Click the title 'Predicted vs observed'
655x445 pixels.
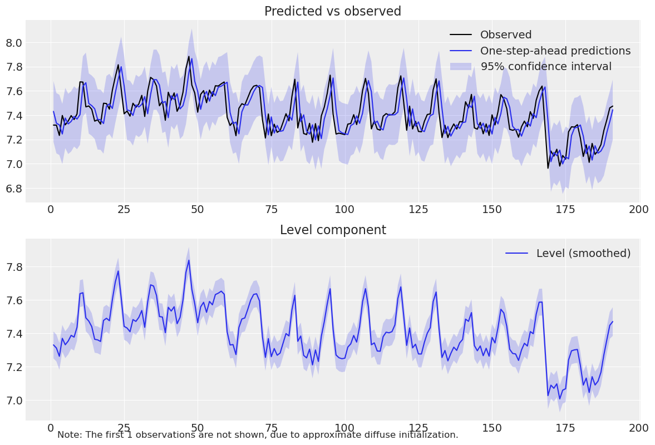point(332,11)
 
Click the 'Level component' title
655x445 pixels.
point(332,230)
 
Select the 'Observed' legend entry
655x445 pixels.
point(506,35)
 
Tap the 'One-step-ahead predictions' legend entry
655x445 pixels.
point(555,51)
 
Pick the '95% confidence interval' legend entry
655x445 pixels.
point(546,67)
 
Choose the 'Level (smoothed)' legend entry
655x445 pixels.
point(583,253)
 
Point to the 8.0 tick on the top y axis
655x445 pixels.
point(14,43)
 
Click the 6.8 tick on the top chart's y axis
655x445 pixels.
point(14,189)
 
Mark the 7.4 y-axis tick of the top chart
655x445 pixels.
point(14,116)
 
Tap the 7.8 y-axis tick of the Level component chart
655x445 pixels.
point(14,267)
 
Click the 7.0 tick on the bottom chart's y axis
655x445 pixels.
point(14,400)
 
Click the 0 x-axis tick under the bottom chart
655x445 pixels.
point(51,428)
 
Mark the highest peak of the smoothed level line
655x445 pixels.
point(189,260)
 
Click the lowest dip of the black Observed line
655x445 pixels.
point(548,168)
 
